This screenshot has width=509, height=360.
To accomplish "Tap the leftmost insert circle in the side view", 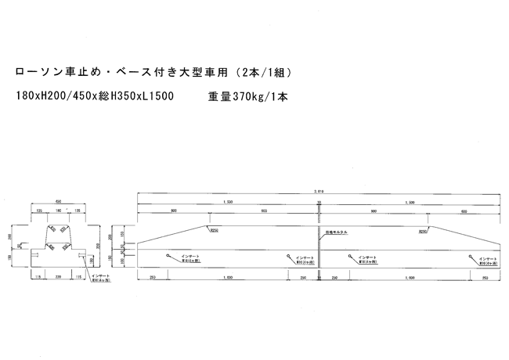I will [x=168, y=255].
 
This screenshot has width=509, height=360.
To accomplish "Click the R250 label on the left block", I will [x=212, y=231].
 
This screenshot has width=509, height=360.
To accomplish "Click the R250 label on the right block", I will [x=423, y=231].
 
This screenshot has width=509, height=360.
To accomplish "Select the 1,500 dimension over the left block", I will [x=227, y=201].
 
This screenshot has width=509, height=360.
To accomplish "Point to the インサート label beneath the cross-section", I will [x=99, y=275].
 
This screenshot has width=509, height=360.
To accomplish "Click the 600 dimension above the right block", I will [x=465, y=211].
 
